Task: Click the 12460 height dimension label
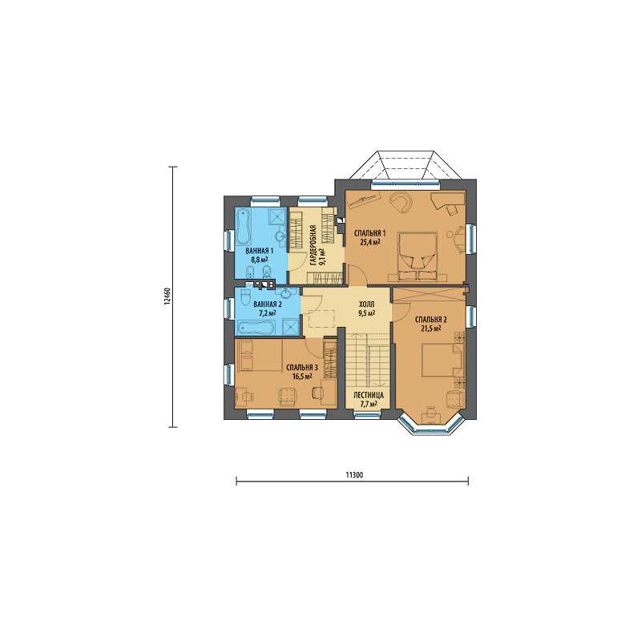point(166,297)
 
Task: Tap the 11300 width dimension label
point(354,474)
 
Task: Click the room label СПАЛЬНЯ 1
point(369,233)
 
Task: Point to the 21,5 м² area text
point(431,328)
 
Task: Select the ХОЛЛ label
point(367,304)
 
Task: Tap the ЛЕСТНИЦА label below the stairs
point(369,395)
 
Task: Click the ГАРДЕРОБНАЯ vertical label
point(312,245)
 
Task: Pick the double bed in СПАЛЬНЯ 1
point(417,256)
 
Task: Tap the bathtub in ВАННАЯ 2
point(256,327)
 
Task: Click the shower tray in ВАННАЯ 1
point(278,216)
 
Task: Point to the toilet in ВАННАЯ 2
point(246,297)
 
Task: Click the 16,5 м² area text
point(302,376)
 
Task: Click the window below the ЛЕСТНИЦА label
point(368,416)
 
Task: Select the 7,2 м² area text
point(266,312)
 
